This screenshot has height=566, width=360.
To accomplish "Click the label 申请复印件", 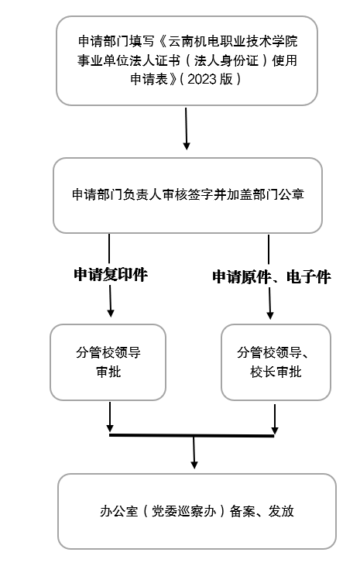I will [110, 275].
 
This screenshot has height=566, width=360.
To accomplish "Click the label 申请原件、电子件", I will [271, 276].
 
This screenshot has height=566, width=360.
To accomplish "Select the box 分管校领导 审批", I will [108, 362].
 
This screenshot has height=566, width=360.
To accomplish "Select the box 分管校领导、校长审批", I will [276, 362].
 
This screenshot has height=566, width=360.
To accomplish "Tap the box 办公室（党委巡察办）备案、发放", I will [197, 511].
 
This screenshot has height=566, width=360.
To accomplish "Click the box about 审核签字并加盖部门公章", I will [187, 195].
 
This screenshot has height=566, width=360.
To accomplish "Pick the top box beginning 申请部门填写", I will [187, 60].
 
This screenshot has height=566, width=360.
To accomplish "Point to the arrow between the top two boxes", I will [187, 128].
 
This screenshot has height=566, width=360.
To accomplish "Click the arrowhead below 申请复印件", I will [111, 312].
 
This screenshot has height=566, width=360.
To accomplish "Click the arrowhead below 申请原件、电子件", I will [270, 314].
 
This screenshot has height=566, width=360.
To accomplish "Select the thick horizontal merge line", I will [192, 436].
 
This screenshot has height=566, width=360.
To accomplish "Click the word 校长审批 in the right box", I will [276, 372].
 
